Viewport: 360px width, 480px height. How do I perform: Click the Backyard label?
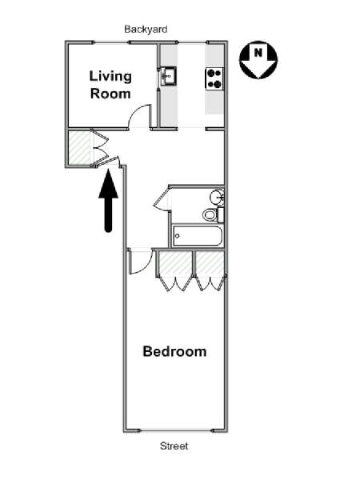tap(146, 30)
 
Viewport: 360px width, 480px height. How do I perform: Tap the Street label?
tap(174, 446)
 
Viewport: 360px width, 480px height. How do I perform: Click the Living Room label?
tap(110, 85)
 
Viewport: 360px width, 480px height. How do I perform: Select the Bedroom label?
tap(174, 351)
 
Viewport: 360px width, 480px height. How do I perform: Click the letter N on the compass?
tap(258, 53)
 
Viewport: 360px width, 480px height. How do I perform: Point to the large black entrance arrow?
tap(108, 200)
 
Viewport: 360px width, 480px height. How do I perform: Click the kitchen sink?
tap(168, 76)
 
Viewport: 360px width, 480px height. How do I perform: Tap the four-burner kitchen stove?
tap(214, 79)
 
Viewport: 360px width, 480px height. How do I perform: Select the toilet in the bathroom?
tap(213, 214)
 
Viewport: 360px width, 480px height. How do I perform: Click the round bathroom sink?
tap(218, 197)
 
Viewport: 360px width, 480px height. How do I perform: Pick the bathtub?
tap(197, 236)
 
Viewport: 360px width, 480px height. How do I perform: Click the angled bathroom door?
tap(162, 198)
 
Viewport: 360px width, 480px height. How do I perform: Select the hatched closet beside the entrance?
tap(79, 147)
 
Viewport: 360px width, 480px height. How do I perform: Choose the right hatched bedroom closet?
tap(210, 263)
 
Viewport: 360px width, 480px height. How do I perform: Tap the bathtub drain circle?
tap(178, 236)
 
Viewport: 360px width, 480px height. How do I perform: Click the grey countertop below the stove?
tap(214, 102)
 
